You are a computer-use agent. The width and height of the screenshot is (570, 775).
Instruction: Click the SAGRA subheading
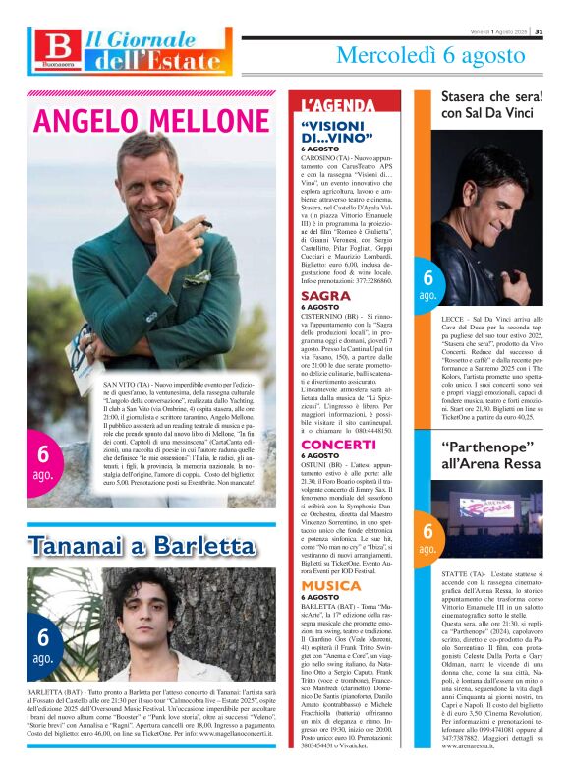tap(325, 295)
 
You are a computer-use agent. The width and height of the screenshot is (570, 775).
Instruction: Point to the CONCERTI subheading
tap(340, 445)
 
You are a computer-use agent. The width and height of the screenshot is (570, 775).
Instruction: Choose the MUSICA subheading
tap(331, 585)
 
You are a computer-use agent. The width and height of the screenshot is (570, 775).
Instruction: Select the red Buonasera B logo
tap(58, 46)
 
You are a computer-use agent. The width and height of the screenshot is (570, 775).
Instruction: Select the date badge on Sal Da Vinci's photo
tap(428, 286)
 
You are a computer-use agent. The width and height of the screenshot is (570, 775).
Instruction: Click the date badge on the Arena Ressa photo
tap(428, 537)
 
